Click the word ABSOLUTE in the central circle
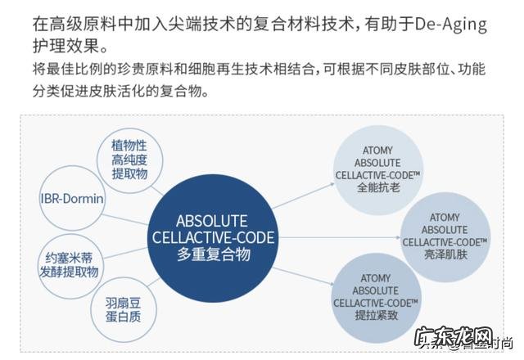click(x=213, y=221)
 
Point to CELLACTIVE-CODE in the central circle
click(x=213, y=238)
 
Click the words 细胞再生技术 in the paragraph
click(x=206, y=67)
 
